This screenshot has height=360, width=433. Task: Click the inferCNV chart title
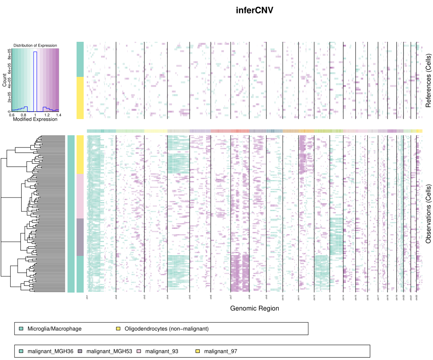(x=254, y=10)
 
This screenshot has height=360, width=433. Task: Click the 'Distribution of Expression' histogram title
(x=35, y=46)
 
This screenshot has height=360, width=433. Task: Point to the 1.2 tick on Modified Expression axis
(x=47, y=115)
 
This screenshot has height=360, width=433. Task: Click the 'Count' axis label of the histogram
(x=4, y=80)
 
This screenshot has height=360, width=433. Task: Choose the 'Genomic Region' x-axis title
(x=254, y=308)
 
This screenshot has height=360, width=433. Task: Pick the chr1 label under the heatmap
(x=87, y=297)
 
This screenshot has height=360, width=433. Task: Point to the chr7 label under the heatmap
(x=231, y=297)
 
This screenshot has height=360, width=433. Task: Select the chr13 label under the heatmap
(x=330, y=297)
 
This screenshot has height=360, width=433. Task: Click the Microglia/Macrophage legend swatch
(x=21, y=328)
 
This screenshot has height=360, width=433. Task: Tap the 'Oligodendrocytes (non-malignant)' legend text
(x=166, y=328)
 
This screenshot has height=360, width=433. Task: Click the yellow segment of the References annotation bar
(x=80, y=97)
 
